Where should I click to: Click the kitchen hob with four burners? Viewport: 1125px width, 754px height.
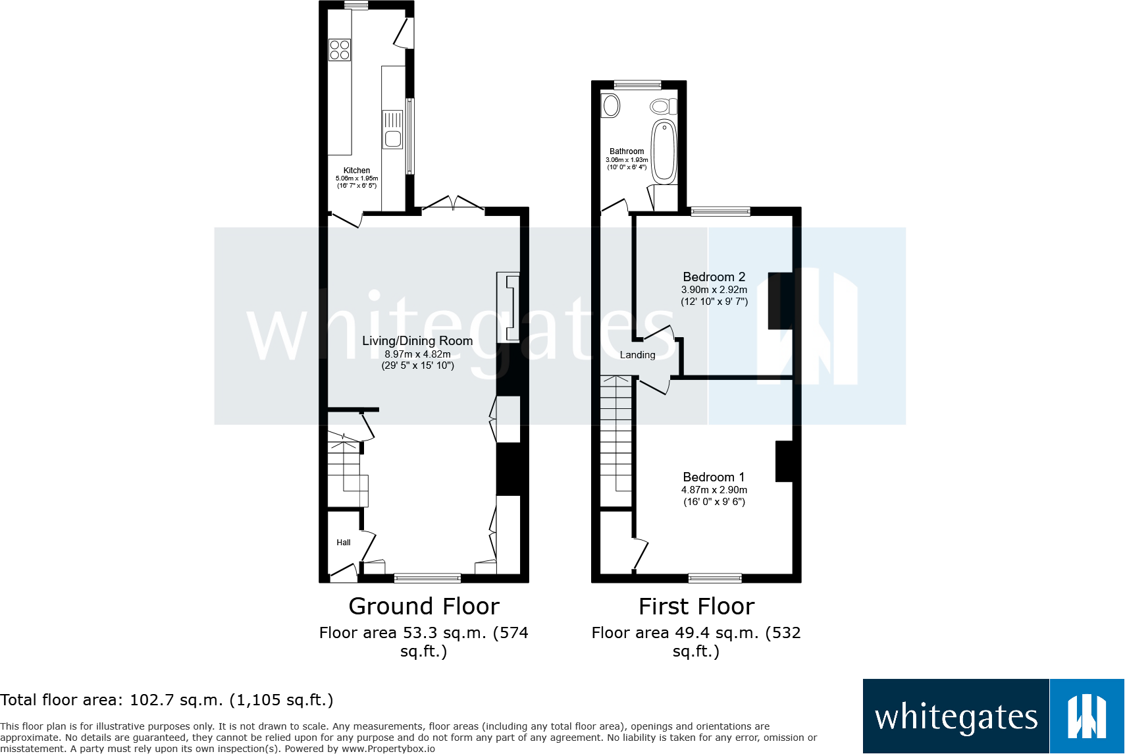click(x=340, y=50)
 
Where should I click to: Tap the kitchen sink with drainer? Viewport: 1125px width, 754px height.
click(x=392, y=130)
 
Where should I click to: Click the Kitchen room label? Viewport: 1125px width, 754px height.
click(x=357, y=171)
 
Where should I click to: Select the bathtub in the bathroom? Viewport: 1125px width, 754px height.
click(x=664, y=151)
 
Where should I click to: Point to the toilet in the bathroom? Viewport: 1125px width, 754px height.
click(x=663, y=106)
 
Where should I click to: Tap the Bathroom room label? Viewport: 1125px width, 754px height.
click(x=627, y=151)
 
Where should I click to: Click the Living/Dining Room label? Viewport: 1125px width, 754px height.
click(x=417, y=341)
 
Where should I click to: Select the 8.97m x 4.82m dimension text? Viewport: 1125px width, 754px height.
click(x=417, y=354)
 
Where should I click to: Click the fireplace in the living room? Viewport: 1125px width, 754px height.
click(x=508, y=308)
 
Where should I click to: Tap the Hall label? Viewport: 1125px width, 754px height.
click(x=344, y=543)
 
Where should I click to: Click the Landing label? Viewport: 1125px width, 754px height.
click(x=637, y=355)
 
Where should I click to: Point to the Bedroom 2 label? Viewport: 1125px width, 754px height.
click(x=714, y=277)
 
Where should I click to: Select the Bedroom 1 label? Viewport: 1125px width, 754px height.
click(x=714, y=477)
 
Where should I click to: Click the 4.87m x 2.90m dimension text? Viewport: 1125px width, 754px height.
click(x=714, y=490)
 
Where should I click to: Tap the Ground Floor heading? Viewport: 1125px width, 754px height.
click(x=424, y=606)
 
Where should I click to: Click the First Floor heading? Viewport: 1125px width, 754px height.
click(x=696, y=606)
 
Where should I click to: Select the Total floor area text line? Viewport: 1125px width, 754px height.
click(x=167, y=700)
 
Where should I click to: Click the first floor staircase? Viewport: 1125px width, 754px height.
click(x=616, y=435)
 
